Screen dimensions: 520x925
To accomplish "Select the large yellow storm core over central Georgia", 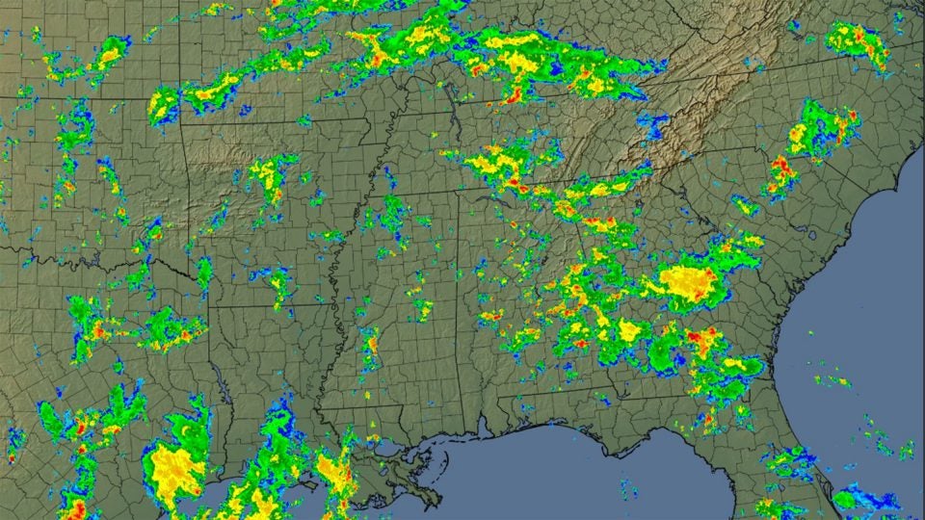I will point(686,280).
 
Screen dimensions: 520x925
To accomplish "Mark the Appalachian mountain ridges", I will point(694,106).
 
